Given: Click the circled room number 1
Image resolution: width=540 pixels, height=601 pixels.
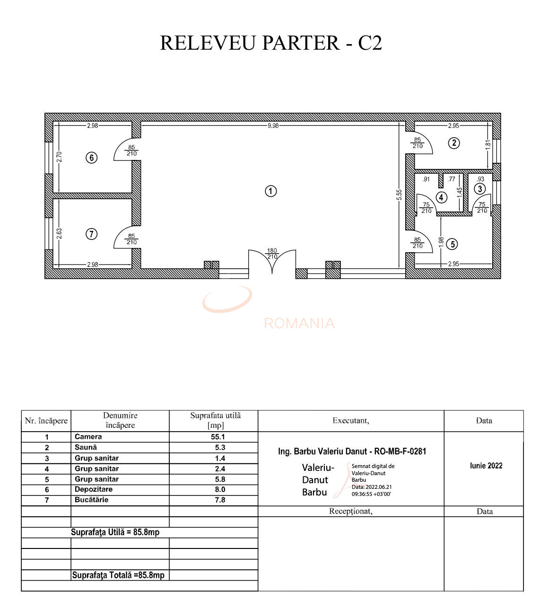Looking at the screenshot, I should pos(270,191).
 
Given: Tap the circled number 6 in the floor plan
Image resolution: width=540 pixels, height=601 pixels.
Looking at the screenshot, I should pos(92,158).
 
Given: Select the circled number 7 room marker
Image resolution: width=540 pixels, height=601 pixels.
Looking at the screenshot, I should pos(92,234).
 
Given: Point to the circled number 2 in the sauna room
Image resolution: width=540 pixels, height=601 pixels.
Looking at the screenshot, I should pos(454,143).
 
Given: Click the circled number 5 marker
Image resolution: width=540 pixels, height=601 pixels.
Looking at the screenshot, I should pos(453,244).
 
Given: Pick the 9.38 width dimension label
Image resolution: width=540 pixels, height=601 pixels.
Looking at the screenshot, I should pos(273,126).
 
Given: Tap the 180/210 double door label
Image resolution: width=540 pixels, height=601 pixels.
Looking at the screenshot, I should pos(272,254).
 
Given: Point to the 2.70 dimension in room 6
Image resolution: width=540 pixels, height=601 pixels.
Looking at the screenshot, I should pos(59,157).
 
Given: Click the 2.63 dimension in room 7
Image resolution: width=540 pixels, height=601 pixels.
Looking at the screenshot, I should pos(59,234).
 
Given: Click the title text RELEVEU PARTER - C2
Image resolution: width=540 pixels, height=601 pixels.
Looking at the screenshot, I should pos(270,43).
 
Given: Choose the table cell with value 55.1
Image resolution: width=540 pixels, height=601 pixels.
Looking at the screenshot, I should pos(218,437).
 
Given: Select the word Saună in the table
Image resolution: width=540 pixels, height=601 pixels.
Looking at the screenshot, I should pos(86,447).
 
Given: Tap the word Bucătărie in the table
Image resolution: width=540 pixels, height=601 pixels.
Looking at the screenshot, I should pos(91,500).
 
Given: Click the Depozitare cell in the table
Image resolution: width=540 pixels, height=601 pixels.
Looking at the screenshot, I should pos(93,489).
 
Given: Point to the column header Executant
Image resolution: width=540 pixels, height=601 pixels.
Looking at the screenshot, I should pos(350,421).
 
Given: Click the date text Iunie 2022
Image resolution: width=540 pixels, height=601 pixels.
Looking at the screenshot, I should pos(486,466).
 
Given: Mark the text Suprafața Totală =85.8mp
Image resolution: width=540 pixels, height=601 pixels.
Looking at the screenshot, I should pos(118,575).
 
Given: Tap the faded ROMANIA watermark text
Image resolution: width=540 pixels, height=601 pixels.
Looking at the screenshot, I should pos(299,324).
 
